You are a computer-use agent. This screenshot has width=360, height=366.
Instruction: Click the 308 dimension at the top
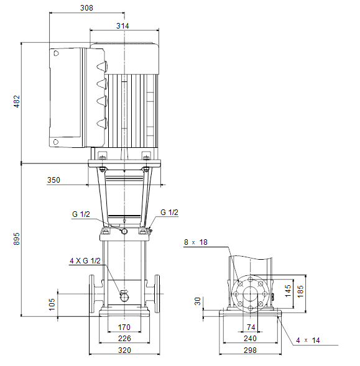click(x=86, y=8)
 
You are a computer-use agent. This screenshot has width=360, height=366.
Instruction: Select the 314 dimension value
click(x=122, y=25)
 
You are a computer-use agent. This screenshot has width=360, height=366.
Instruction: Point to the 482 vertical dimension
click(x=17, y=101)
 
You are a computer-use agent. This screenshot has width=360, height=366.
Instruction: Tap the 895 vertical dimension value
click(x=17, y=239)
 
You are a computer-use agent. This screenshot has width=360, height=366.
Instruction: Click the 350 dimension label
click(x=53, y=180)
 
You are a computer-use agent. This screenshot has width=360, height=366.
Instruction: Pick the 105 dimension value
click(x=52, y=304)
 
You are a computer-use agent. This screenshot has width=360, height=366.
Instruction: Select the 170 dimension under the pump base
click(x=124, y=327)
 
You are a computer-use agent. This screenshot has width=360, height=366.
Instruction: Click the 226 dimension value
click(x=124, y=338)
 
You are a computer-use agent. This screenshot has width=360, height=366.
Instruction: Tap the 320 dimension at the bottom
click(x=124, y=350)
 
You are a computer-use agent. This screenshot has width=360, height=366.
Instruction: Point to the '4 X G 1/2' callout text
click(x=85, y=261)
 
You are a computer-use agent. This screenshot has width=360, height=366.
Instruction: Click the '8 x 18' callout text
click(x=195, y=242)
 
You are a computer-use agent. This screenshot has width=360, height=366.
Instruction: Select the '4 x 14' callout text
click(x=308, y=340)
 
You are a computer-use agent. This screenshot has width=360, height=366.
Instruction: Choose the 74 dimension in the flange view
click(x=251, y=327)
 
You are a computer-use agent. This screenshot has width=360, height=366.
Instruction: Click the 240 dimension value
click(x=250, y=338)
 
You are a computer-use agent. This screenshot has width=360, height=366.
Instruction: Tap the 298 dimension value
click(x=250, y=350)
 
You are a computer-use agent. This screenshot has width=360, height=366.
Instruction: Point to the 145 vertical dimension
click(x=288, y=291)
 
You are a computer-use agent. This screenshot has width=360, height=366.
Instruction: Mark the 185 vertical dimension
click(x=300, y=291)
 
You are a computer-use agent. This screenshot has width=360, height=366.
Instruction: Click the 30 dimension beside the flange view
click(x=198, y=301)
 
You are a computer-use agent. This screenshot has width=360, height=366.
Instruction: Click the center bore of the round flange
click(x=250, y=294)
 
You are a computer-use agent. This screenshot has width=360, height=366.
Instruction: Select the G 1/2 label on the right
click(x=169, y=212)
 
